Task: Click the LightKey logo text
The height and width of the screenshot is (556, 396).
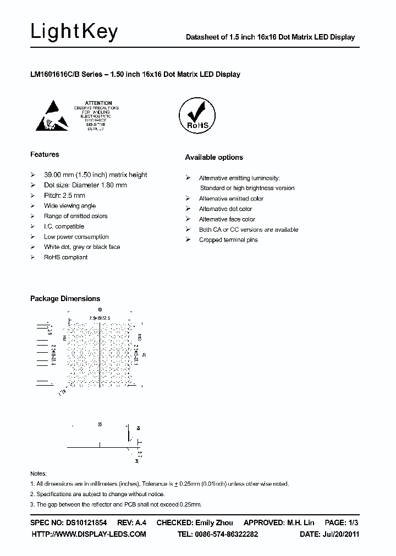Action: (74, 32)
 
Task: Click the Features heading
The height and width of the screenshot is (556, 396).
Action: (45, 154)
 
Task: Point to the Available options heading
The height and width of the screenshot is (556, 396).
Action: (213, 157)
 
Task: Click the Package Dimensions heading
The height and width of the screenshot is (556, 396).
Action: (65, 298)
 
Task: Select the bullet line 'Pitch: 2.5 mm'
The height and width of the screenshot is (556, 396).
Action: (64, 195)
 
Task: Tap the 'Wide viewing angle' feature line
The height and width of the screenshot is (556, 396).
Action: (70, 205)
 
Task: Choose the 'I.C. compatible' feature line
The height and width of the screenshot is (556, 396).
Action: (64, 226)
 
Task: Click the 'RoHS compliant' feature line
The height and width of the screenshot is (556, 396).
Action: (66, 257)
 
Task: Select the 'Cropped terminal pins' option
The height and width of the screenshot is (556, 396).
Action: (228, 240)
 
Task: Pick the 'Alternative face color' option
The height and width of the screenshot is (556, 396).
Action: (227, 219)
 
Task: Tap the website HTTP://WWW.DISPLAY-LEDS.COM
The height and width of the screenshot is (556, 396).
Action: (89, 534)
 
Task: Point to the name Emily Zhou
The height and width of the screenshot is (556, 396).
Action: (214, 522)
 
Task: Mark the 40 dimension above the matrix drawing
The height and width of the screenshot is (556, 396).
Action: (100, 310)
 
